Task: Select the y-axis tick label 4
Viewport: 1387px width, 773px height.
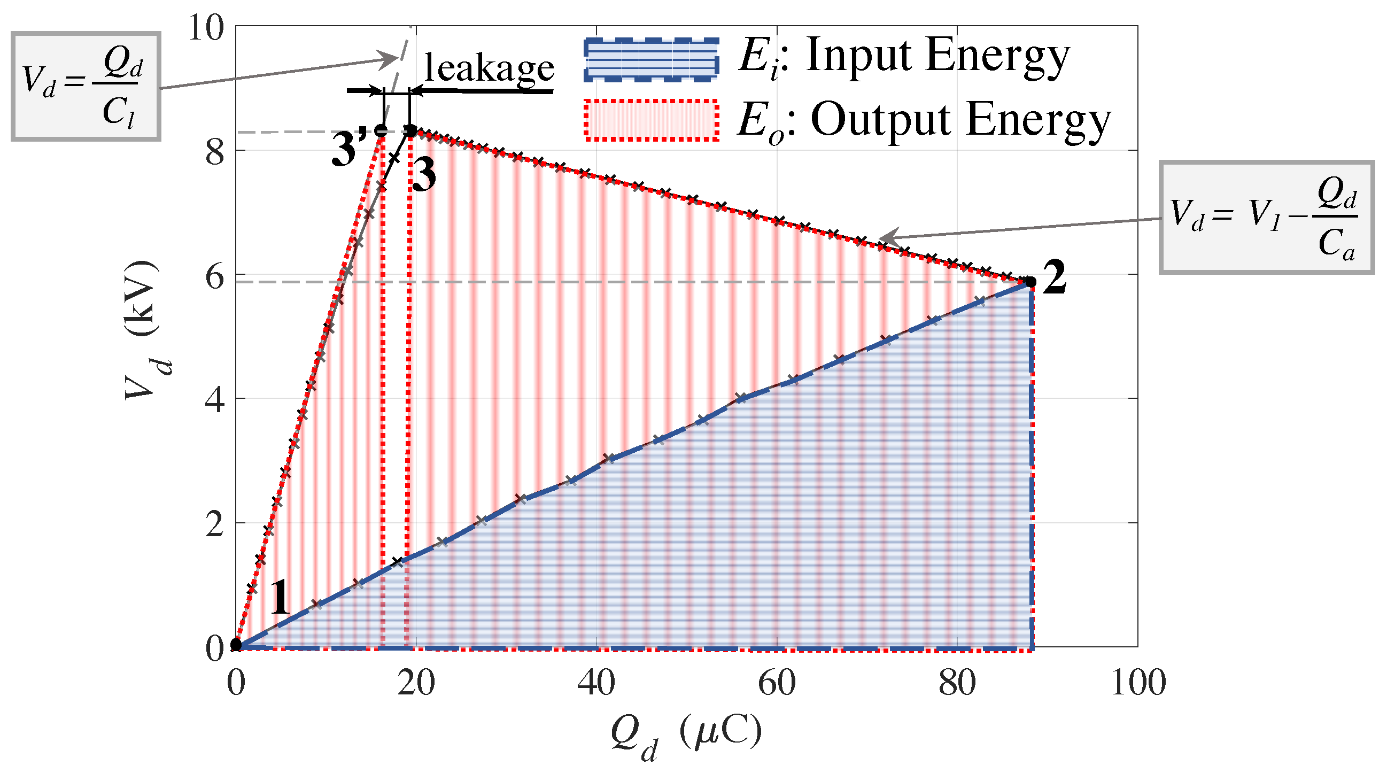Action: click(x=215, y=400)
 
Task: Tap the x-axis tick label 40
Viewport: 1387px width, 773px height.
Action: click(x=596, y=683)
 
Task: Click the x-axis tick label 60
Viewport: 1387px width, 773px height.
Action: click(x=777, y=683)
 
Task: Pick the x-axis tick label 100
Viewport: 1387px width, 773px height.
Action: click(x=1138, y=683)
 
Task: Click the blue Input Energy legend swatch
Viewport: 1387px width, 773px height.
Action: click(x=651, y=60)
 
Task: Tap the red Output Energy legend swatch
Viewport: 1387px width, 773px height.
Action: click(x=651, y=120)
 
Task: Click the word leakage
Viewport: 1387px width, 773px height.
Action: click(x=489, y=68)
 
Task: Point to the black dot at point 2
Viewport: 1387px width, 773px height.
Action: click(x=1030, y=282)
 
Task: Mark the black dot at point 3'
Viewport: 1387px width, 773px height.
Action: click(x=382, y=130)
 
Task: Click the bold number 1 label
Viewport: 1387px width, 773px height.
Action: click(x=280, y=598)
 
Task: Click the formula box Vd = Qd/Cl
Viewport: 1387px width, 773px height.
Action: click(x=86, y=87)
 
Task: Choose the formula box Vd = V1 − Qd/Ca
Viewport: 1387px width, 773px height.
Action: click(x=1266, y=217)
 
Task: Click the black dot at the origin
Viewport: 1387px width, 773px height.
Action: click(x=236, y=645)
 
